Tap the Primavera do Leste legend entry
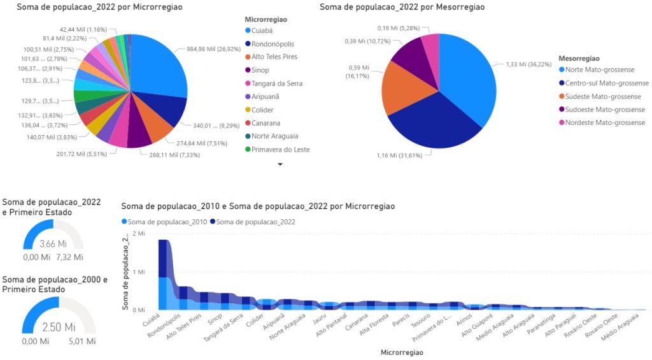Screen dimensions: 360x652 (280, 150)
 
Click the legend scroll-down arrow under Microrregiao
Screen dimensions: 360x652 (280, 164)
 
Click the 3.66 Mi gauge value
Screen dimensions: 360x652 (52, 244)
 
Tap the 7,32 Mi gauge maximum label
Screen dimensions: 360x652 (69, 257)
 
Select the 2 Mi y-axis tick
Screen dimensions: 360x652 (138, 234)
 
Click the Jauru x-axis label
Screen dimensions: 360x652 (320, 320)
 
